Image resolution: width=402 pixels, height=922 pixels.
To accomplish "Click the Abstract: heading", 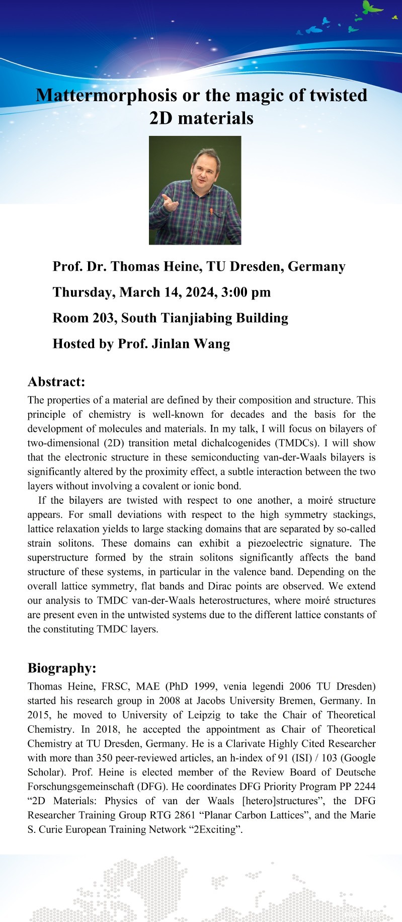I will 56,382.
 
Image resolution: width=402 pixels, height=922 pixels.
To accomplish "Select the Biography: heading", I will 62,668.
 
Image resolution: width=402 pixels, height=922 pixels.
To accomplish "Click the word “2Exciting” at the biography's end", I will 216,829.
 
